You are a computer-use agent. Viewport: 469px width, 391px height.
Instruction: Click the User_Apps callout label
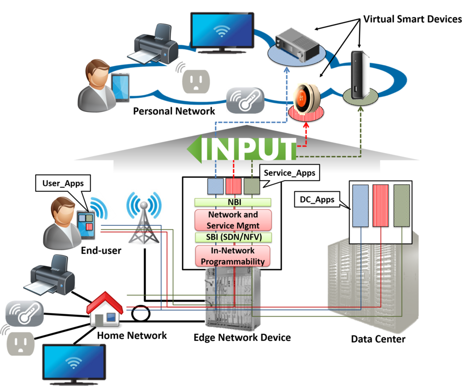(63, 183)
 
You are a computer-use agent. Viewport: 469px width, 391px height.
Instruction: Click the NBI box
(233, 203)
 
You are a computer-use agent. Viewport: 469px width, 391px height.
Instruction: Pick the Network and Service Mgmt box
(233, 220)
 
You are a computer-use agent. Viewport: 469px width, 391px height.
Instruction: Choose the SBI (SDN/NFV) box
(233, 237)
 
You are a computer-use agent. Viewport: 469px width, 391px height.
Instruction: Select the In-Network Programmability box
(233, 255)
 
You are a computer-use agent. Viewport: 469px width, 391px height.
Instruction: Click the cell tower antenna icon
(144, 218)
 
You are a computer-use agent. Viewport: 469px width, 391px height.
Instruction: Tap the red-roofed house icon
(104, 309)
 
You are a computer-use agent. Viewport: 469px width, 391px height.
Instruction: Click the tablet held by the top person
(120, 88)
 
